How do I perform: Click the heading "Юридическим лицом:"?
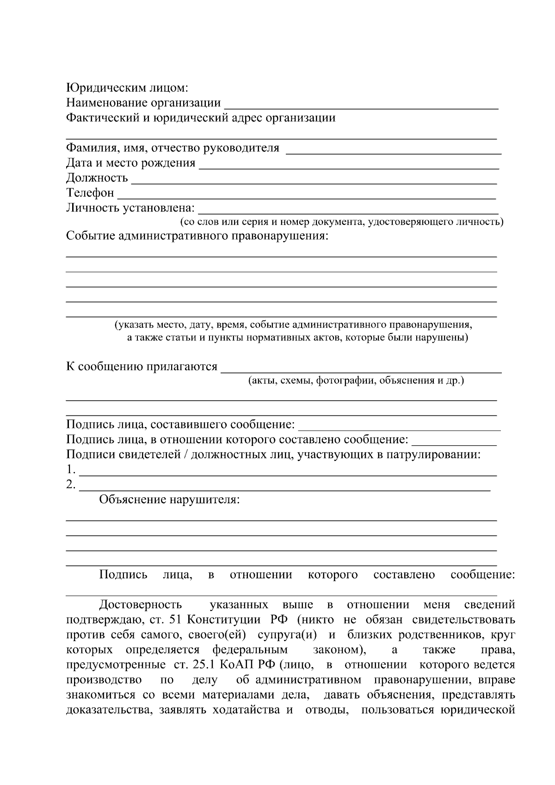pos(127,88)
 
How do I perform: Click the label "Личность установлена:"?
pos(130,208)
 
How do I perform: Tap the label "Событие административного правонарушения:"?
pos(197,236)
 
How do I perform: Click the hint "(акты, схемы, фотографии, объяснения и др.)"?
pos(356,381)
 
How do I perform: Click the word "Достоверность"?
pos(141,605)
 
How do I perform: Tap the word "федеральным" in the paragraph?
pos(250,650)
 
